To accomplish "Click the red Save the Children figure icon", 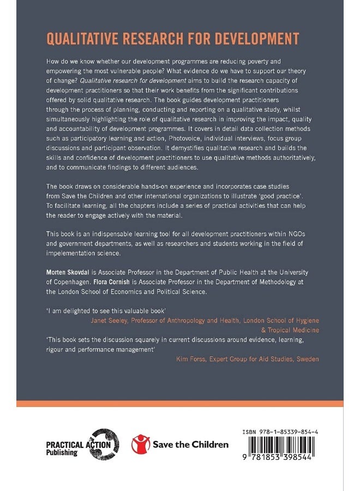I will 140,444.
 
